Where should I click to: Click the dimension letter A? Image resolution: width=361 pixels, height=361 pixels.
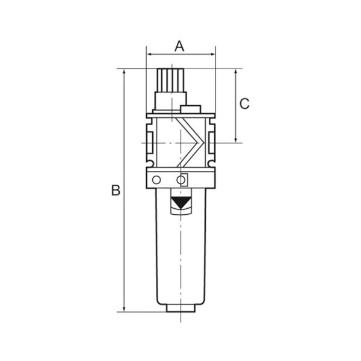point(179,46)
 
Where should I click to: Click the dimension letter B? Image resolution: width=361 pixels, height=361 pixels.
point(116,190)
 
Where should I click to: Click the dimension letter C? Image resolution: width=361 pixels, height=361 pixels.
point(244,103)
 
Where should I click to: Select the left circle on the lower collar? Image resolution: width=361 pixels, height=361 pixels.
point(156,180)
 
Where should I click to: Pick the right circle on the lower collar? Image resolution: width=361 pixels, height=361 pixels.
point(181,180)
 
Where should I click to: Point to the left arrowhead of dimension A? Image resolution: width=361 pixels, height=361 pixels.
point(149,55)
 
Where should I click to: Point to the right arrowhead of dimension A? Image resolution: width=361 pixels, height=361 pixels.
point(212,55)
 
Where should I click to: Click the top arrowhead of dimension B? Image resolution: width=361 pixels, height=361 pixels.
point(125,72)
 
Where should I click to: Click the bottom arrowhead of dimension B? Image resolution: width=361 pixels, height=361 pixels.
point(125,309)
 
